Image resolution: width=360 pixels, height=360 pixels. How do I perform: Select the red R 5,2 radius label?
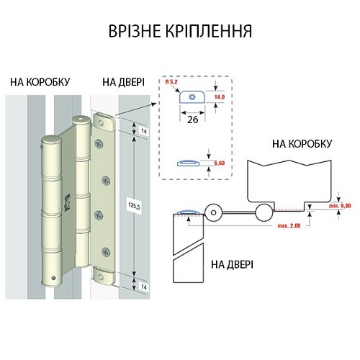click(x=171, y=85)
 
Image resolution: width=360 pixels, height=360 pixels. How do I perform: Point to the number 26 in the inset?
click(x=192, y=120)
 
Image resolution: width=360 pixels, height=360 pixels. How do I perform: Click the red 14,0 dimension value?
click(x=220, y=96)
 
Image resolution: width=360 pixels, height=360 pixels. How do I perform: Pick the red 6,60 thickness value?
click(x=220, y=165)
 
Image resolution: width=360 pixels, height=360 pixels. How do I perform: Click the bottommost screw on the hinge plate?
click(x=106, y=251)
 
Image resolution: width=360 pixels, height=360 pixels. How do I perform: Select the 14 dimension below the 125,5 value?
click(x=143, y=285)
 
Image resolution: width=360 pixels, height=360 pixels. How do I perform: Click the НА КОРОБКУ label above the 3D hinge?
click(x=40, y=82)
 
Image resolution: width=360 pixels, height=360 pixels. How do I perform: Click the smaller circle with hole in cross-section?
click(x=214, y=212)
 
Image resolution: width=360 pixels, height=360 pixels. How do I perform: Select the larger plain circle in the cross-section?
click(x=264, y=212)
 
